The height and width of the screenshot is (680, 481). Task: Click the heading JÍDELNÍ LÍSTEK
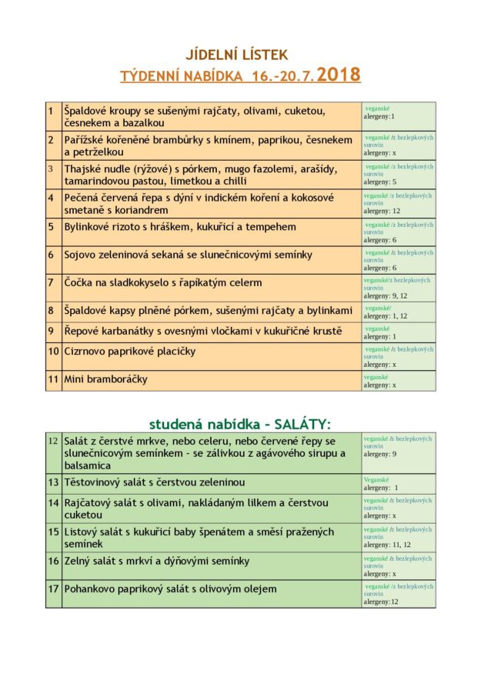[x=236, y=55]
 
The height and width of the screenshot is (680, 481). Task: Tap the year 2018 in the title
[x=339, y=75]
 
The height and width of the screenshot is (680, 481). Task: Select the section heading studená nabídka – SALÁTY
[x=240, y=424]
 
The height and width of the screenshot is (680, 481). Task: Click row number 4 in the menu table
[x=51, y=198]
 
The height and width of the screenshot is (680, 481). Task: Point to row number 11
[x=53, y=379]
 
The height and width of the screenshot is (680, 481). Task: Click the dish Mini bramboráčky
[x=106, y=379]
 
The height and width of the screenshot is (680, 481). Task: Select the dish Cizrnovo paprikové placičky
[x=129, y=352]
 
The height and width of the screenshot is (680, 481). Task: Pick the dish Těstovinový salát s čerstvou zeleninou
[x=154, y=482]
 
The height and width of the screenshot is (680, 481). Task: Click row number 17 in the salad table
[x=53, y=589]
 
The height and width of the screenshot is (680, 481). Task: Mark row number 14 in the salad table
[x=53, y=503]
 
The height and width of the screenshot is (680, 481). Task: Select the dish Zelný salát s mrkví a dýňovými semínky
[x=156, y=562]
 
